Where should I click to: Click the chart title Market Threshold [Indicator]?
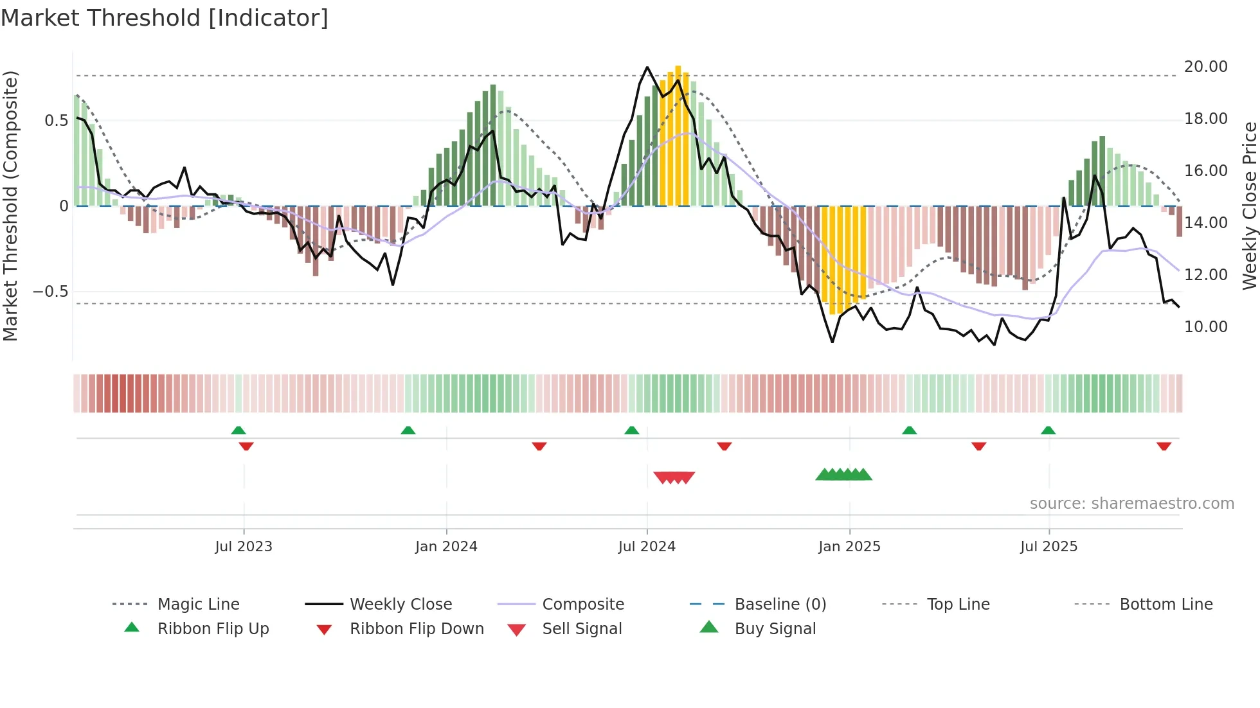tap(165, 18)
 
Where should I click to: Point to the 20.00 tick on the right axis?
tap(1205, 67)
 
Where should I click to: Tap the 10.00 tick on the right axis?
tap(1205, 327)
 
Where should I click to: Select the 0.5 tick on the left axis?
tap(56, 121)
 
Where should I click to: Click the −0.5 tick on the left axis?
tap(50, 292)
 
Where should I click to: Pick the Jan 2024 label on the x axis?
tap(446, 547)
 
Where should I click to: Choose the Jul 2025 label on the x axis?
tap(1048, 547)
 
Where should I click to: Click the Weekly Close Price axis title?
tap(1248, 206)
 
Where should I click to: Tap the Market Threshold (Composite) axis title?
tap(10, 206)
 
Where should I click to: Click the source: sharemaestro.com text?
tap(1131, 504)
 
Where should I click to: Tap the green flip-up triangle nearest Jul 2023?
tap(239, 430)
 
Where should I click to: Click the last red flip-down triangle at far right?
tap(1164, 446)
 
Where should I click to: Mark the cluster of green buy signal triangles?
tap(843, 475)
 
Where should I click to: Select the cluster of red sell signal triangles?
tap(674, 477)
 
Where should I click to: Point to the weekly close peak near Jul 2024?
tap(647, 67)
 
